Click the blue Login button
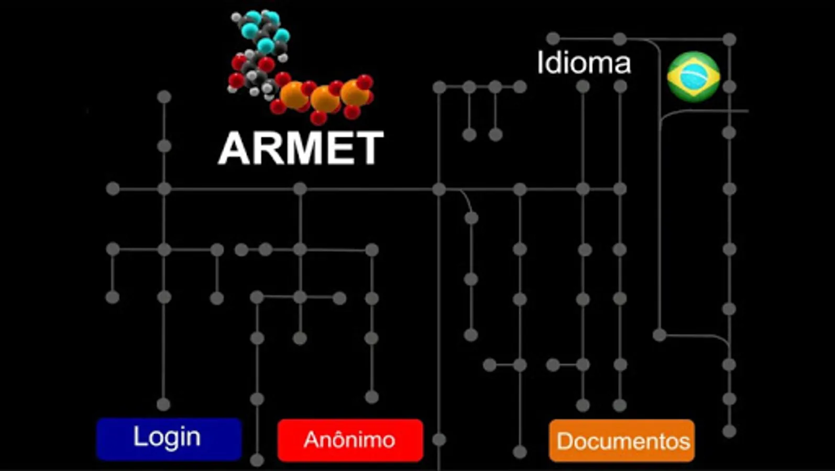tap(169, 439)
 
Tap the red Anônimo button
tap(350, 440)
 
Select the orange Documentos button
tap(622, 441)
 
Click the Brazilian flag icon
tap(694, 76)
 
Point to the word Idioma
tap(584, 63)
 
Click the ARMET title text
tap(301, 149)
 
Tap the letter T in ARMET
tap(370, 149)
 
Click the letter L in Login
tap(138, 436)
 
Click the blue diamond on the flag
tap(694, 77)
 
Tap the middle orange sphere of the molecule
tap(325, 98)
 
